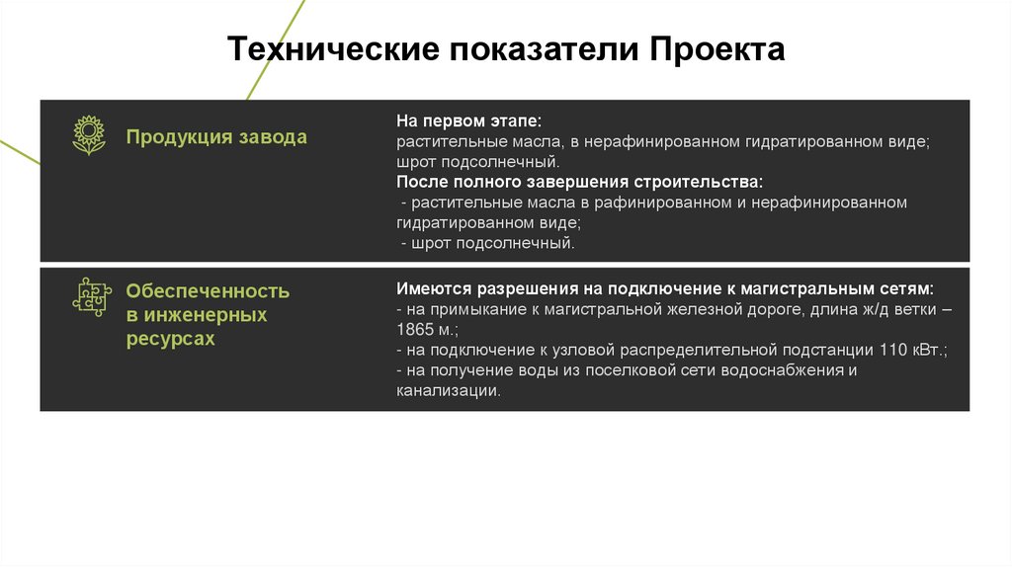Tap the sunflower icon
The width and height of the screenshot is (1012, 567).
click(89, 135)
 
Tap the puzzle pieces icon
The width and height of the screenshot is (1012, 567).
click(89, 295)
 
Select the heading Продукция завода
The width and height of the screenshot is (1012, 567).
click(216, 137)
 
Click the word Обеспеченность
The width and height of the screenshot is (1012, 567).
click(208, 291)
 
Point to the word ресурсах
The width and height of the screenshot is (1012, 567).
click(170, 339)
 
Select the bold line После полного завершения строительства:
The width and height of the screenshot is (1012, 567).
click(580, 183)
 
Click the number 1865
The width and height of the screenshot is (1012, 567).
click(414, 331)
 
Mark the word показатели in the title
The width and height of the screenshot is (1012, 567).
click(546, 49)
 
